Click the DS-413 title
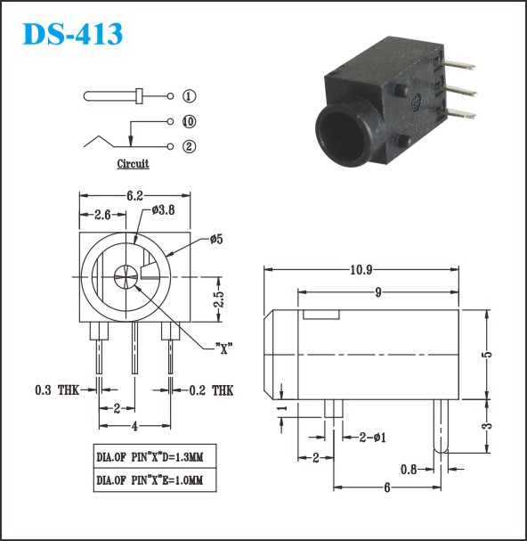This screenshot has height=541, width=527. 72,34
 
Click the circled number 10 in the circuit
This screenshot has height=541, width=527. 189,121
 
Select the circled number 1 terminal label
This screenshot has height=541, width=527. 189,96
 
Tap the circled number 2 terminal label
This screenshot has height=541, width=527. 189,147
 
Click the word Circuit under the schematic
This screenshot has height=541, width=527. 133,163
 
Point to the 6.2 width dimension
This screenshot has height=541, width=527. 134,195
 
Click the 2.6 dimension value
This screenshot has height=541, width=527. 102,215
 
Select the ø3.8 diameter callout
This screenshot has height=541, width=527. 163,209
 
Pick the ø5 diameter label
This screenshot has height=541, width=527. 216,239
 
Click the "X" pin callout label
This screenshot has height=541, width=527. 224,348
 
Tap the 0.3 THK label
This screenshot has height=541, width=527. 57,390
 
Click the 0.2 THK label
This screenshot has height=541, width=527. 211,390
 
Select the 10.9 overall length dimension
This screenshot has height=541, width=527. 361,269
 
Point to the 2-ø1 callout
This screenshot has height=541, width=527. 373,438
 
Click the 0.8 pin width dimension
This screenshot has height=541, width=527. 409,469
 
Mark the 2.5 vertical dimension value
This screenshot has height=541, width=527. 218,299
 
